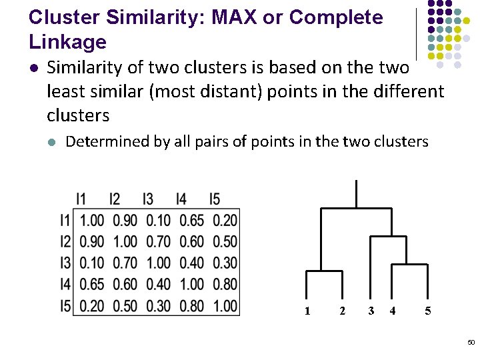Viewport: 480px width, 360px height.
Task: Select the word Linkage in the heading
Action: coord(67,42)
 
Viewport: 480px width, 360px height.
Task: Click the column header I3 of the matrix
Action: coord(147,199)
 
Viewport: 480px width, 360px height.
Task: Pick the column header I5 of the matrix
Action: coord(214,199)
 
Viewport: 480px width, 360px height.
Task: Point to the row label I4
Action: coord(65,285)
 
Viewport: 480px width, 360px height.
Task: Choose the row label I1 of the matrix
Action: coord(65,220)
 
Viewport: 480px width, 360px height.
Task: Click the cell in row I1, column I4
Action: coord(192,220)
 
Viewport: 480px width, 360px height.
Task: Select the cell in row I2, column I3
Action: coord(159,241)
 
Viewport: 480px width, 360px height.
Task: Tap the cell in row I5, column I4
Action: coord(192,306)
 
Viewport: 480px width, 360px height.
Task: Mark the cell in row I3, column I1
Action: coord(92,263)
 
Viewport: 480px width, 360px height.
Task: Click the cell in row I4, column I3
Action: coord(159,285)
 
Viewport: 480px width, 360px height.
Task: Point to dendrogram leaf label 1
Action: coord(307,311)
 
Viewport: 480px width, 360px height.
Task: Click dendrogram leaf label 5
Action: coord(428,311)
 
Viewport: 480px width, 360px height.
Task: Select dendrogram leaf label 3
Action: coord(371,311)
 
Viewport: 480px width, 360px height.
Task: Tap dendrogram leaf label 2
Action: coord(342,311)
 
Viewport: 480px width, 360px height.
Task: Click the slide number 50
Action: coord(471,342)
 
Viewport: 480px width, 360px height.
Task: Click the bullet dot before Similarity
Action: coord(34,68)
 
